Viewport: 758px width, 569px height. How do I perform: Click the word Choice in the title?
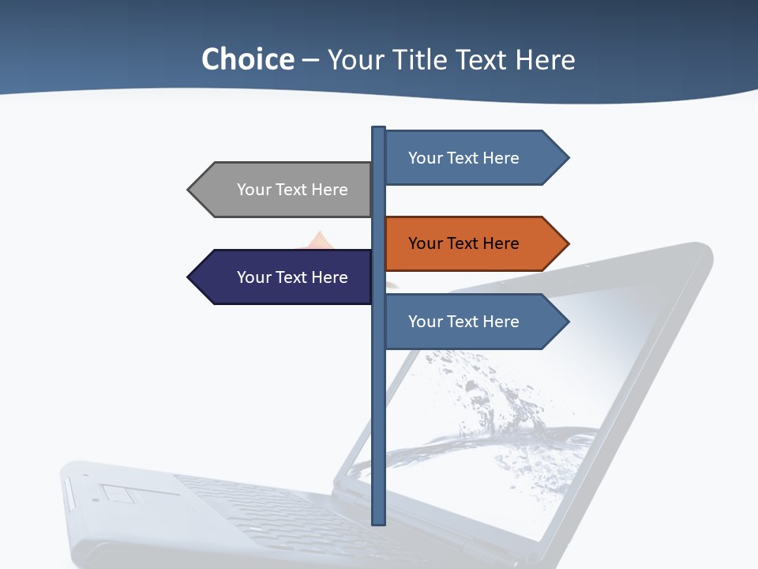(x=247, y=59)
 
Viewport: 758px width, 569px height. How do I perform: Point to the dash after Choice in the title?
(x=310, y=60)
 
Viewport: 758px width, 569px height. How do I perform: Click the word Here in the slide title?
(x=546, y=59)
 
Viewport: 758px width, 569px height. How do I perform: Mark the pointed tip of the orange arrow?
(x=568, y=243)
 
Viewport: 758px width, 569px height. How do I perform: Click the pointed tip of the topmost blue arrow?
(x=568, y=158)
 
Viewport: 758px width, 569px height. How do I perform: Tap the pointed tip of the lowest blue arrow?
(x=568, y=322)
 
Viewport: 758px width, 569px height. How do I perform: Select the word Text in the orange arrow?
(x=463, y=243)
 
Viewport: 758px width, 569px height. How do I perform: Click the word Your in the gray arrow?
(x=254, y=190)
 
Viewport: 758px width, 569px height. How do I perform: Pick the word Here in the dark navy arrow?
(x=329, y=277)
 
